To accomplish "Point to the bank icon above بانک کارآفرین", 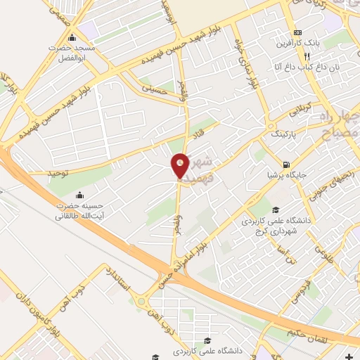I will coord(298,32).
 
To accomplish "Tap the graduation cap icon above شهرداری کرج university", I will coord(276,210).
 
